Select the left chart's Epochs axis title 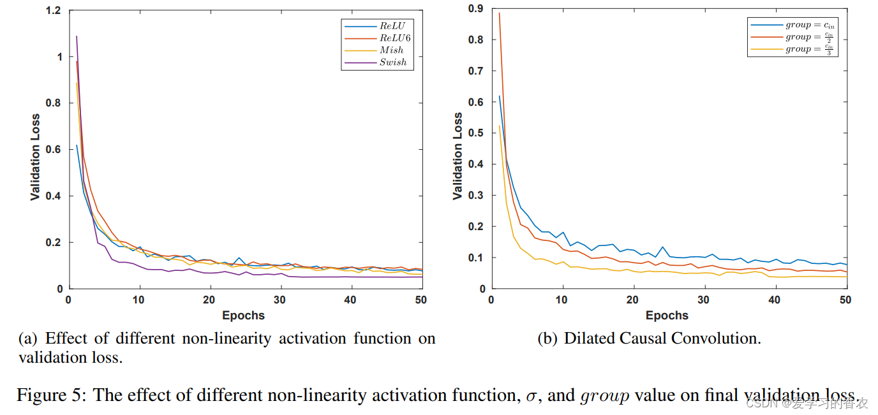click(243, 316)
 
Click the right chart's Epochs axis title click(667, 316)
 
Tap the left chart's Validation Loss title click(35, 157)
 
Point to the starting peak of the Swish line click(77, 36)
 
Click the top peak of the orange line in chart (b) click(499, 13)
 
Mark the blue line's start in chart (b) click(499, 96)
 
